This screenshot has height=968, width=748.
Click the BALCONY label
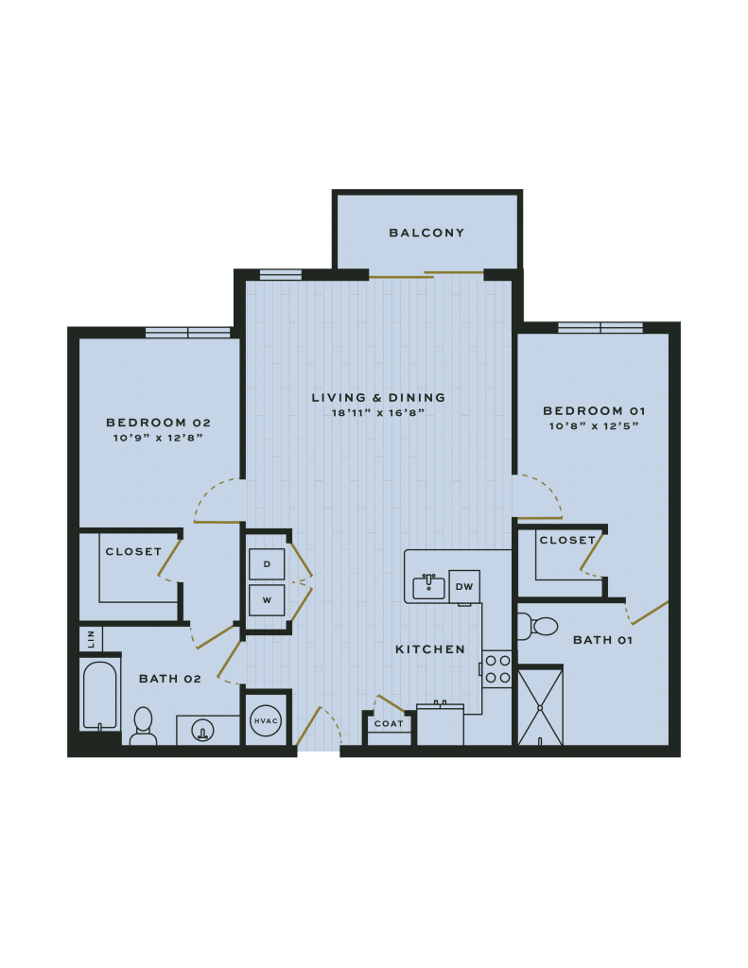tap(426, 233)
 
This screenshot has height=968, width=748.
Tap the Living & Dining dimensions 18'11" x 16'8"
tap(377, 413)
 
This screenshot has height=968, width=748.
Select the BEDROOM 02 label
tap(158, 423)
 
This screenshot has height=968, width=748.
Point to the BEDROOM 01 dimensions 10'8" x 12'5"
tap(595, 425)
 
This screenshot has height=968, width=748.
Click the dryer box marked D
tap(267, 564)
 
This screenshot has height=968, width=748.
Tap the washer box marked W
tap(267, 599)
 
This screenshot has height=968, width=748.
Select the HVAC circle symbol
tap(266, 721)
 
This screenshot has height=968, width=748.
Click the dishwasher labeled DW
tap(463, 586)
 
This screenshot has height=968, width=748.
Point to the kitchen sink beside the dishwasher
tap(428, 587)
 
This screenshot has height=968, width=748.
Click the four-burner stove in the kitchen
tap(497, 668)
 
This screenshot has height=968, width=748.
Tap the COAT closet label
tap(389, 724)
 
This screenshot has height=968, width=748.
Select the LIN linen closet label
tap(90, 639)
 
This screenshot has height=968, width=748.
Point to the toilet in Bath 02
tap(143, 725)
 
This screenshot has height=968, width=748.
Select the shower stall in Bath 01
tap(540, 707)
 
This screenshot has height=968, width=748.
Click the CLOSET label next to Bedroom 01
tap(567, 541)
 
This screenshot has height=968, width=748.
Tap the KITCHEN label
tap(430, 649)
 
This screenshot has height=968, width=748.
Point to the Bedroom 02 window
tap(187, 332)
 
